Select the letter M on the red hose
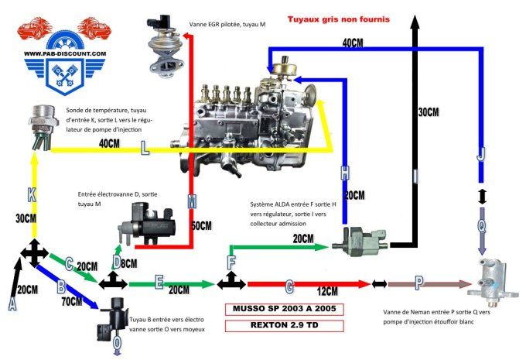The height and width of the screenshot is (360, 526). pyautogui.click(x=193, y=202)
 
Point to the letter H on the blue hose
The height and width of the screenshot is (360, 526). pyautogui.click(x=345, y=173)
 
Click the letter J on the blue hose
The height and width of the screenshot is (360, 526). pyautogui.click(x=481, y=155)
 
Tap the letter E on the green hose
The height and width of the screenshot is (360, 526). pyautogui.click(x=159, y=283)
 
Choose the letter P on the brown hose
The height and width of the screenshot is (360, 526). pyautogui.click(x=418, y=284)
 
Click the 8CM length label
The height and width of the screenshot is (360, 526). pyautogui.click(x=128, y=264)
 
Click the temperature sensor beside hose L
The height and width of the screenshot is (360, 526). pyautogui.click(x=38, y=125)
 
